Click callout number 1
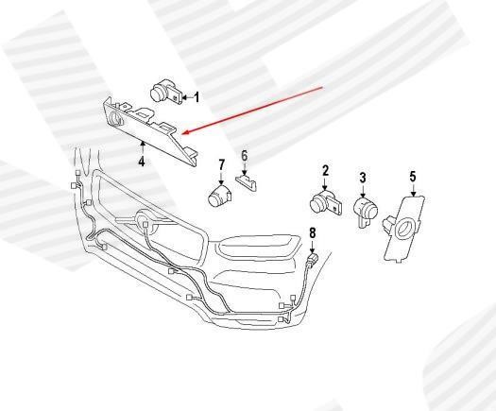[x=197, y=97]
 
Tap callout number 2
[x=325, y=170]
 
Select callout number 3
[x=363, y=178]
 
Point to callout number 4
[x=142, y=161]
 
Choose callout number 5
[x=413, y=177]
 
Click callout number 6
[x=244, y=156]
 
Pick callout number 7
[x=221, y=164]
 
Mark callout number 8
[x=312, y=233]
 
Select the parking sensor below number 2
[x=326, y=202]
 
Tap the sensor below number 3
[x=365, y=211]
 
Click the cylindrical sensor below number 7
[x=220, y=196]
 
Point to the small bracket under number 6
[x=246, y=182]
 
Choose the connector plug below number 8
[x=312, y=259]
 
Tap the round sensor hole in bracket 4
[x=116, y=119]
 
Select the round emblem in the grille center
[x=146, y=220]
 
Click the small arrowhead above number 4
[x=143, y=144]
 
